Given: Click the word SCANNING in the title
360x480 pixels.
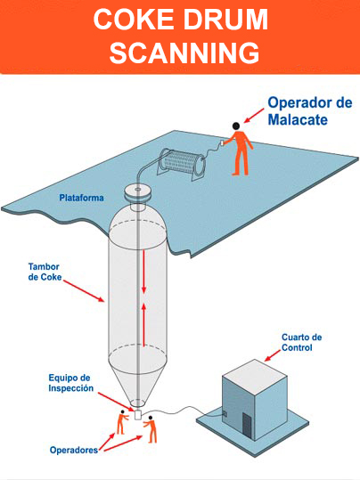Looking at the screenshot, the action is tap(184, 53).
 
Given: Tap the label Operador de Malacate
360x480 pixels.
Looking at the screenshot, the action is tap(310, 110).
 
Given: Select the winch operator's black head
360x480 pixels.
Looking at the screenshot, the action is tap(236, 126).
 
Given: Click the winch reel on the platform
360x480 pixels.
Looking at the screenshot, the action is tap(182, 163).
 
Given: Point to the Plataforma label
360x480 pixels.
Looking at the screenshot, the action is tap(81, 198).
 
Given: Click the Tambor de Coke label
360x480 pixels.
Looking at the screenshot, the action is tap(45, 272).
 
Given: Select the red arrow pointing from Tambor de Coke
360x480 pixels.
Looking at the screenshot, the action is tap(84, 290).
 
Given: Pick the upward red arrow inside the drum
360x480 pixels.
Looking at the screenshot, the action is tap(143, 323).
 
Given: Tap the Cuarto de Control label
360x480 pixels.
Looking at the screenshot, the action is tap(301, 342).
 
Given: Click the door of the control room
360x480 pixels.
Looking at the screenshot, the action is tap(246, 426).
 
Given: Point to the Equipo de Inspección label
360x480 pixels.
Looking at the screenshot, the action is tap(70, 383).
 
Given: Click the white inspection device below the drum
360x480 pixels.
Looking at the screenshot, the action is tap(137, 414).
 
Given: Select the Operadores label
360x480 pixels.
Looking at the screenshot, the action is tap(74, 450).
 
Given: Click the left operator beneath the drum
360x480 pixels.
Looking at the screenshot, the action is tap(121, 422).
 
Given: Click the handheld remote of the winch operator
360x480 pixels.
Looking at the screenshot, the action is tap(223, 143).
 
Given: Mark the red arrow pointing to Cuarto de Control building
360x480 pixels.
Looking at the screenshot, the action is tap(273, 355).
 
